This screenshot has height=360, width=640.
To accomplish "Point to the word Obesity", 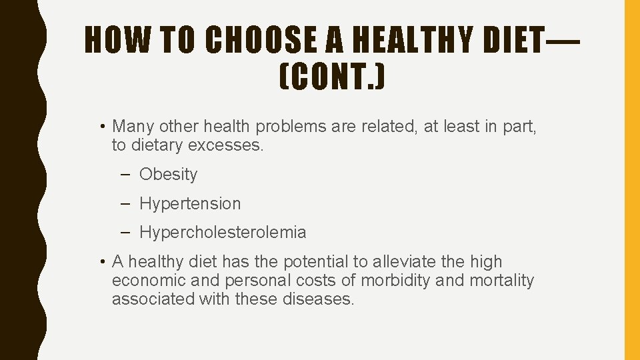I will (168, 175).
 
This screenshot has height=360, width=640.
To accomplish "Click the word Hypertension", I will (190, 203).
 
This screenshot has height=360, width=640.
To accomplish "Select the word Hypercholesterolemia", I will (223, 233).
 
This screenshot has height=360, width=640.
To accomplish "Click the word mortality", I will (501, 281).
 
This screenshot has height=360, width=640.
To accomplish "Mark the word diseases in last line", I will (319, 299).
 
